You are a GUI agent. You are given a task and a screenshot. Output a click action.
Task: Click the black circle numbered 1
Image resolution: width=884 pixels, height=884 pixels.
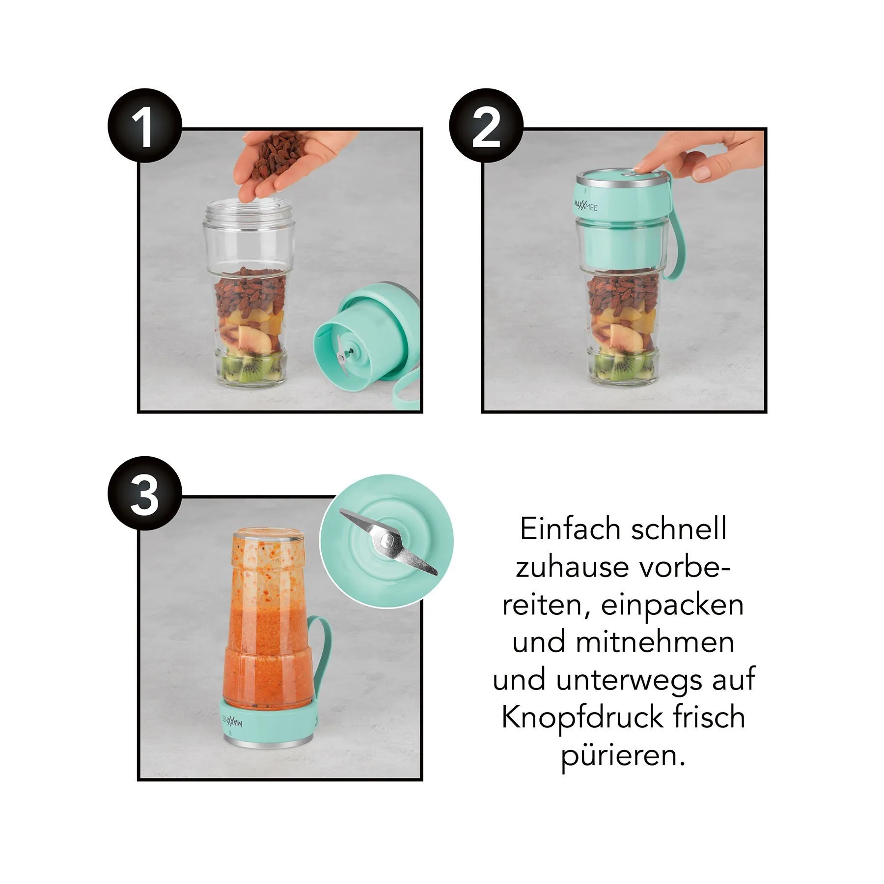click(x=145, y=126)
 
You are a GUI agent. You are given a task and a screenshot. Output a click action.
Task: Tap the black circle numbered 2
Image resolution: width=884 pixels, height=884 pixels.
click(x=486, y=126)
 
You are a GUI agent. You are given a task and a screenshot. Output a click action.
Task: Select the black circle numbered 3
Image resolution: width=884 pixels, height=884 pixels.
click(x=145, y=493)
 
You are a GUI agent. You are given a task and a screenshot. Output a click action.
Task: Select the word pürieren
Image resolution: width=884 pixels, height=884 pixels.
click(x=623, y=756)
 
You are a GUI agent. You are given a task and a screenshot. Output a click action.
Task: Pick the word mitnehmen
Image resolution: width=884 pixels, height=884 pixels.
click(x=655, y=642)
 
